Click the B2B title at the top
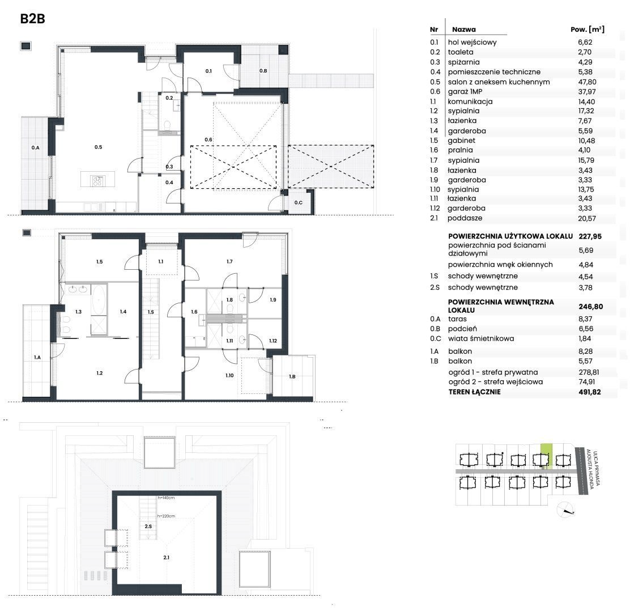pos(32,19)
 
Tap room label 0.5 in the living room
pos(99,147)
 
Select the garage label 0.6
pos(208,140)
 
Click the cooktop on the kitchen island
pos(97,181)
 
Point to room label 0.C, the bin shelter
pos(298,202)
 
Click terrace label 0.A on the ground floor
pos(35,148)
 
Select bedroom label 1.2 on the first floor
pos(99,373)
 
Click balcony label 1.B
pos(292,377)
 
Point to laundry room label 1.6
pos(194,312)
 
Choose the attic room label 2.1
pos(167,558)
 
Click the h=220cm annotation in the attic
pos(166,516)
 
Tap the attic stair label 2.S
pos(148,526)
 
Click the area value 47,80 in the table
pos(587,82)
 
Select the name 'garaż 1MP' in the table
pos(465,92)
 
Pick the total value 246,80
pos(590,306)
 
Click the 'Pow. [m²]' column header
pos(588,29)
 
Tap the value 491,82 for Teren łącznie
pos(590,392)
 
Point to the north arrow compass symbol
pos(566,510)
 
